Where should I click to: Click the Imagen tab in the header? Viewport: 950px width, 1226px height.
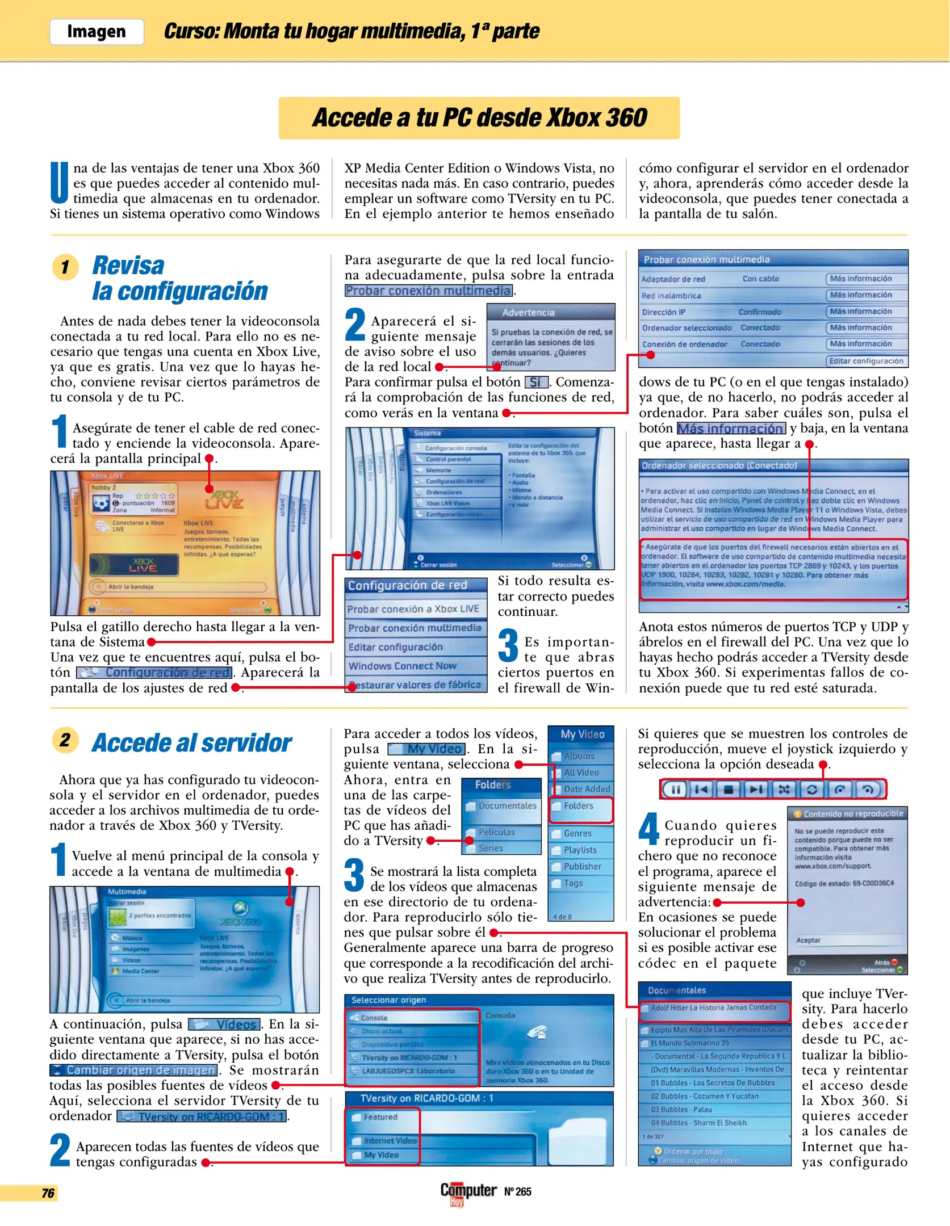[x=97, y=31]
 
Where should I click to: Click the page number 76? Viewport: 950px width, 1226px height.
[x=48, y=1193]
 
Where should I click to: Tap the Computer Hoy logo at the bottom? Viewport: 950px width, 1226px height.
[x=468, y=1191]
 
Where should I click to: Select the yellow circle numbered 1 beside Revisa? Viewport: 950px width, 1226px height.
[x=65, y=266]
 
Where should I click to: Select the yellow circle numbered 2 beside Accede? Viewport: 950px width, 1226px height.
[x=65, y=740]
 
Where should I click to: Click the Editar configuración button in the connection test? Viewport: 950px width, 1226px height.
[x=865, y=361]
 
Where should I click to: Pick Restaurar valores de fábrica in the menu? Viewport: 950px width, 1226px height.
[x=415, y=685]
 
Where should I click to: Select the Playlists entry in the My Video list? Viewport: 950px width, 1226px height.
[x=580, y=850]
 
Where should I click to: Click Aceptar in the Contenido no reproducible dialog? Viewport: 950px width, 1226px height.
[x=808, y=941]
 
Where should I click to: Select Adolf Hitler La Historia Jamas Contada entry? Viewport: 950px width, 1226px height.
[x=714, y=1007]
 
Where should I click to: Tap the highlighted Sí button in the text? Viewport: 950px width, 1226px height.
[x=535, y=382]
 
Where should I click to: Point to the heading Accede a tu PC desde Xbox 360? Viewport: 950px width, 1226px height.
[x=479, y=118]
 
